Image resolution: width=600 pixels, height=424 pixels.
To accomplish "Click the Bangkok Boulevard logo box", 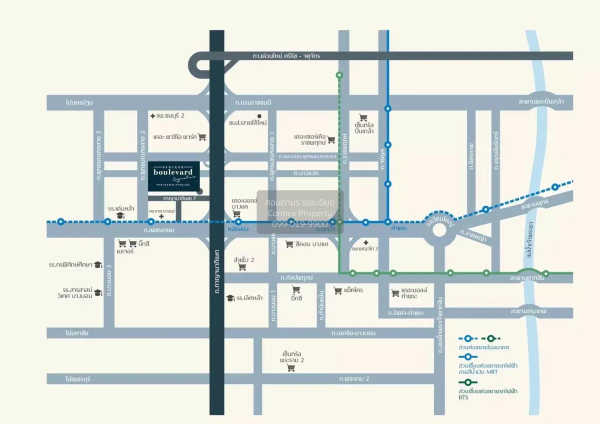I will tap(173, 176).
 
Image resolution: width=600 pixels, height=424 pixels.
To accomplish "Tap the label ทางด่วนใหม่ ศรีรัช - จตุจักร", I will tap(289, 56).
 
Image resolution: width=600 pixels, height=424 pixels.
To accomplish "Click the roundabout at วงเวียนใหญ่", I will tap(439, 230).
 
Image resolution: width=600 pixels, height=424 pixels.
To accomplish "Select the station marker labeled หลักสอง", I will tap(238, 221).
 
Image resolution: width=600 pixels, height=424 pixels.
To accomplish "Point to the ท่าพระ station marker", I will tap(387, 221).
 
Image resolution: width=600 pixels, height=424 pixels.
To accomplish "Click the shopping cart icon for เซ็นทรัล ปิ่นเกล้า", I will tap(363, 117).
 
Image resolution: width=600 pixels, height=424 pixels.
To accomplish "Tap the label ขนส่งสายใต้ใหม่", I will tap(247, 122).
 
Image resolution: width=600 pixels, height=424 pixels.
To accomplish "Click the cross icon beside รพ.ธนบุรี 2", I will tap(152, 116).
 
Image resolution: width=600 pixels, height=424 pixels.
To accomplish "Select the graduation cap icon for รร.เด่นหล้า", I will tap(120, 215).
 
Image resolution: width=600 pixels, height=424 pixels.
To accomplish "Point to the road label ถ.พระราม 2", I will tap(353, 379).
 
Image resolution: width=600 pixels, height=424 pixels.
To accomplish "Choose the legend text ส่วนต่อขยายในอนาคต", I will tap(480, 346).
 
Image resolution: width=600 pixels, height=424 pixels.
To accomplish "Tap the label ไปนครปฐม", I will tap(79, 102).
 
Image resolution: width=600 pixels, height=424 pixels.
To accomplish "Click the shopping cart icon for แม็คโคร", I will tap(337, 290).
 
